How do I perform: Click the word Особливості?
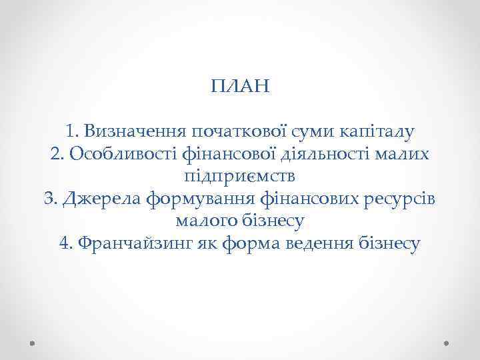pyautogui.click(x=120, y=154)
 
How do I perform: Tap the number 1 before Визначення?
pyautogui.click(x=71, y=131)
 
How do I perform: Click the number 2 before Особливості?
pyautogui.click(x=56, y=154)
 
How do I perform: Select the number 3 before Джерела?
pyautogui.click(x=48, y=199)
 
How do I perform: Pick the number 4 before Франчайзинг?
pyautogui.click(x=65, y=244)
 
